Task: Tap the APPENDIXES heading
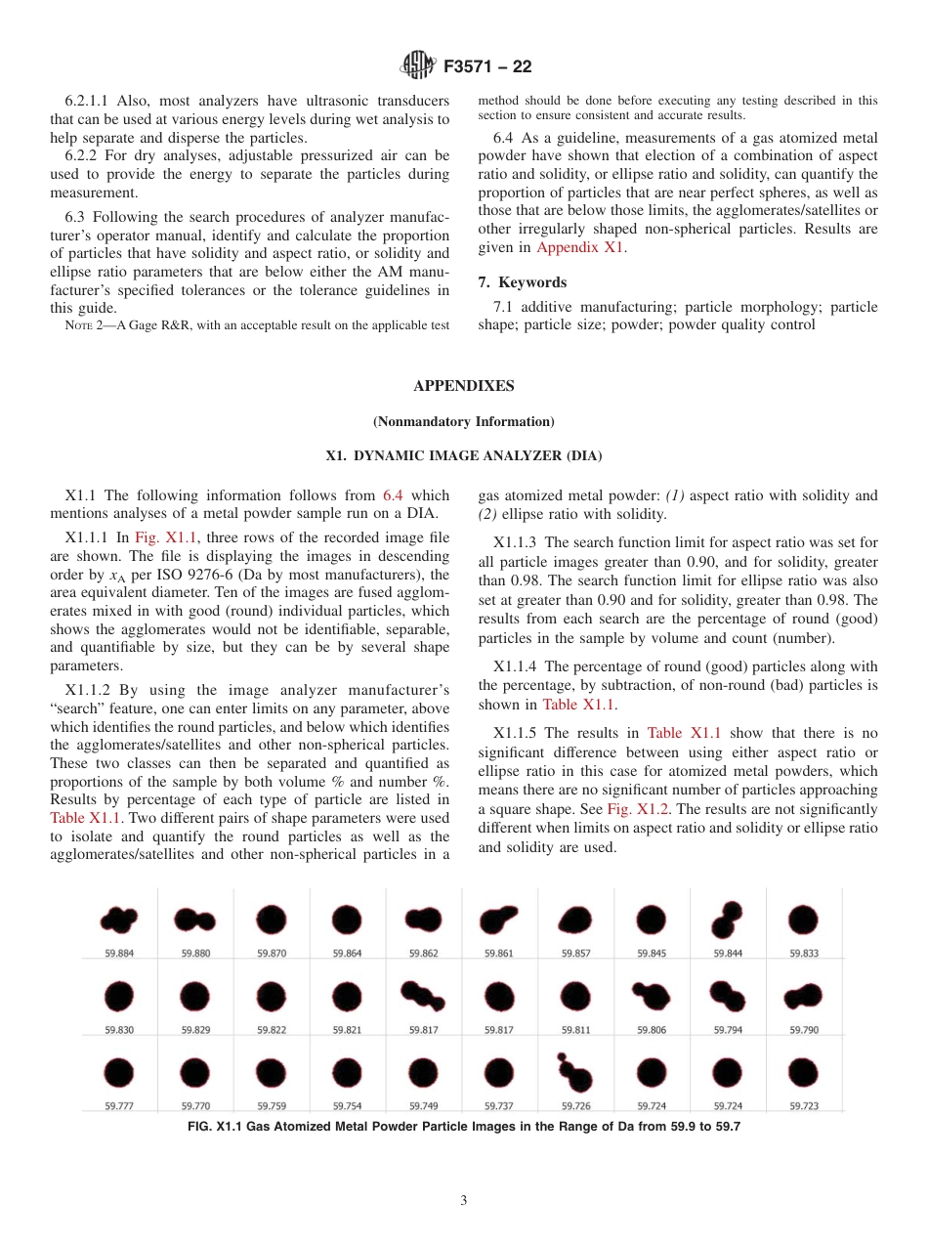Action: point(463,386)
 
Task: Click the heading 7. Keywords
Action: point(523,282)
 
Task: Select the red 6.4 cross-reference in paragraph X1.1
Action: point(405,495)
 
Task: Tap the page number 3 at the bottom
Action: point(464,1200)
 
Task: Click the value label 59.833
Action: point(804,953)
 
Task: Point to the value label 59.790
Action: point(804,1029)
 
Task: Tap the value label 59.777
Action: point(119,1106)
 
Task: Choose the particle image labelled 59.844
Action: point(727,919)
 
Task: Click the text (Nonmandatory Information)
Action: point(463,421)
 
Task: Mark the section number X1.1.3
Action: point(515,541)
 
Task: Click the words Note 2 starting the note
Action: point(85,325)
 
